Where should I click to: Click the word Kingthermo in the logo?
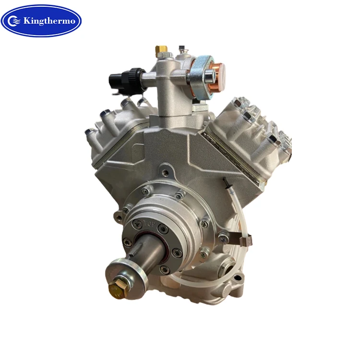coord(49,21)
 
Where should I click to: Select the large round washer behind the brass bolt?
coord(126,279)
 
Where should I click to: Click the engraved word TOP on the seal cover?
coord(149,223)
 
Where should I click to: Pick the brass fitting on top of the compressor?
coord(161,50)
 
